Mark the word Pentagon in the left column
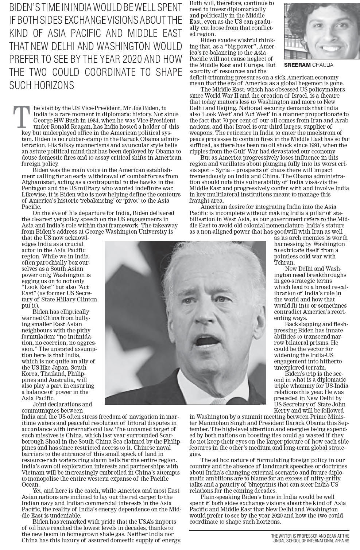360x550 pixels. pos(34,188)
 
